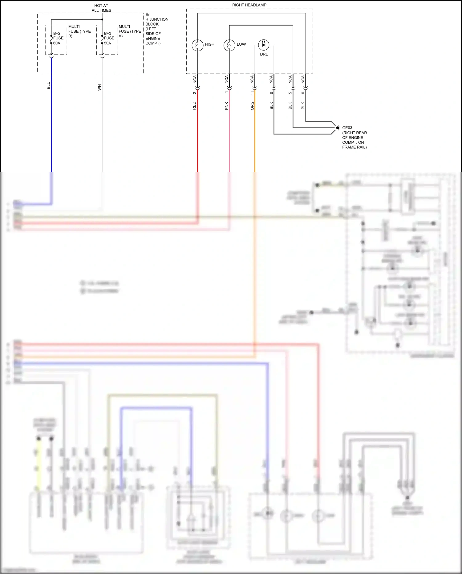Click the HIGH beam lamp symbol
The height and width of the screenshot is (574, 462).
197,45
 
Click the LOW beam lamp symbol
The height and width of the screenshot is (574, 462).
229,45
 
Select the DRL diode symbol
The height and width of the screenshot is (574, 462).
264,45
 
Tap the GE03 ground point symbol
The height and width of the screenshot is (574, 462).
338,128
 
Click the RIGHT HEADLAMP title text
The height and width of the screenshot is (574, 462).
249,5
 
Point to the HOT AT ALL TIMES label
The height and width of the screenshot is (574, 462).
101,8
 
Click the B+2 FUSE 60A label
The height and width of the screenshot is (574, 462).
58,38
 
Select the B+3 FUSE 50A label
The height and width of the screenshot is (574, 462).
109,38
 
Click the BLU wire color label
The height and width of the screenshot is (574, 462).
48,85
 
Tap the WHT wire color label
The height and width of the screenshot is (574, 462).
99,86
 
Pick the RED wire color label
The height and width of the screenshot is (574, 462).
194,106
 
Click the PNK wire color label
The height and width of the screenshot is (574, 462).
226,106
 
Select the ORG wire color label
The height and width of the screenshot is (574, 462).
252,106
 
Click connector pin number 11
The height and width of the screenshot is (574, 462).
252,93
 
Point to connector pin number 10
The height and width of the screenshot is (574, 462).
271,93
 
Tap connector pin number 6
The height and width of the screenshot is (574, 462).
303,93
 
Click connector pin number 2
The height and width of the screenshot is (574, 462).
194,93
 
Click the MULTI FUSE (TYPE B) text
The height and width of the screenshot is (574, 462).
79,31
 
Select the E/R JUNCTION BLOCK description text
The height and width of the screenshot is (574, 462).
156,29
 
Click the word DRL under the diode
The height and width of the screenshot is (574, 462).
264,54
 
